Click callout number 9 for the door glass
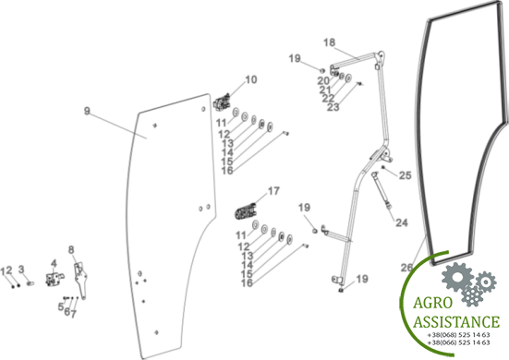(x=87, y=111)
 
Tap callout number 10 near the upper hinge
(x=251, y=79)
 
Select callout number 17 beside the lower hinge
(x=273, y=191)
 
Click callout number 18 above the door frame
(x=329, y=42)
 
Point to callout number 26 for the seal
(x=406, y=268)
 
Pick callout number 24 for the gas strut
(x=402, y=222)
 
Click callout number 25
(x=406, y=175)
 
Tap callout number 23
(x=333, y=107)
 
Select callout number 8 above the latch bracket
(x=71, y=250)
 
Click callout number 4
(x=54, y=263)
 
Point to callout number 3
(x=21, y=270)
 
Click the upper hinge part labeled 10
(x=222, y=102)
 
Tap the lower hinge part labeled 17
(x=246, y=211)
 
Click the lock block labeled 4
(x=55, y=279)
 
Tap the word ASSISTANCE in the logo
(x=456, y=322)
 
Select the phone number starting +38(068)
(x=459, y=335)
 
